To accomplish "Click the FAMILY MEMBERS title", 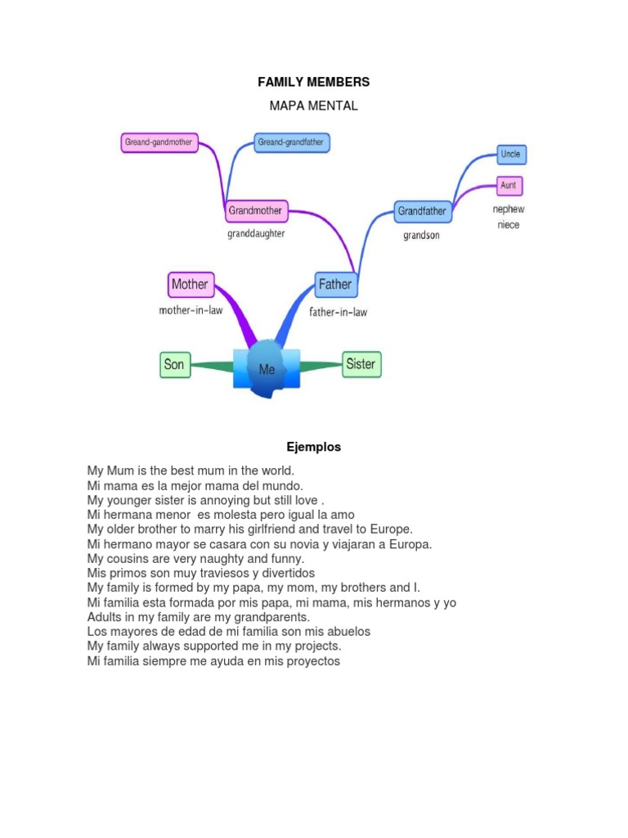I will point(313,82).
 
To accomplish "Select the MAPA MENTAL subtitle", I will point(313,106).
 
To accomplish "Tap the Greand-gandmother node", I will point(159,142).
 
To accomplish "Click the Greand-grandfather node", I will point(291,142).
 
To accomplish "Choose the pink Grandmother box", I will point(255,210).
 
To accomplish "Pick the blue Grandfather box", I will point(422,211).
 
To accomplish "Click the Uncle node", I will point(509,154).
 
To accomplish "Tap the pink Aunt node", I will point(509,186).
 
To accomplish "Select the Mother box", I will point(190,285).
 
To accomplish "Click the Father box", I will point(335,285).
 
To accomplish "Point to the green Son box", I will point(174,364).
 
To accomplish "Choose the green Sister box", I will point(361,364).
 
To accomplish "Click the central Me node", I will point(267,369).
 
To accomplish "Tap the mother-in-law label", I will point(191,311).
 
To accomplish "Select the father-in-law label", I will point(338,312).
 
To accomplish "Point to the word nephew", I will point(508,209).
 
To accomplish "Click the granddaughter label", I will point(256,233).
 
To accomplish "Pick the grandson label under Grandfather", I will point(421,236).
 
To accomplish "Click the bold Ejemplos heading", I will point(313,447).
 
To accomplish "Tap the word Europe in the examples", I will point(391,529).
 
